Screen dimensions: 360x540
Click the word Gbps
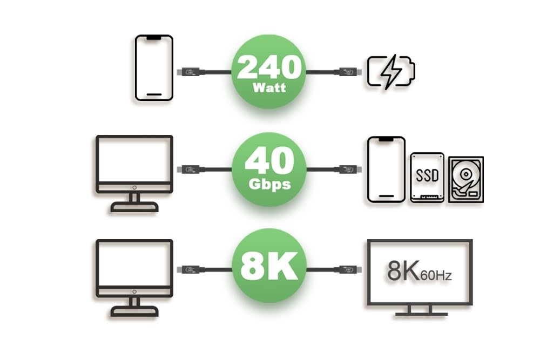268,184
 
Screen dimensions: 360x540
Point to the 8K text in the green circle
268,266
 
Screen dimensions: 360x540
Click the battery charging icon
391,71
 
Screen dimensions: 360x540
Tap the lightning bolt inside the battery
390,71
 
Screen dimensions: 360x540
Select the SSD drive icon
427,177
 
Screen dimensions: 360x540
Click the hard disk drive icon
466,179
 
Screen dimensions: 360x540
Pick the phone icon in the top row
154,67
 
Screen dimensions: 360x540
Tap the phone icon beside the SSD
386,169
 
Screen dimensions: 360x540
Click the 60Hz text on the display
437,276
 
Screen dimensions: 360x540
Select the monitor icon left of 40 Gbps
134,173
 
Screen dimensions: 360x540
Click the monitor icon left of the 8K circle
134,277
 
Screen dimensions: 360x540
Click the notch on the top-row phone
154,38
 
